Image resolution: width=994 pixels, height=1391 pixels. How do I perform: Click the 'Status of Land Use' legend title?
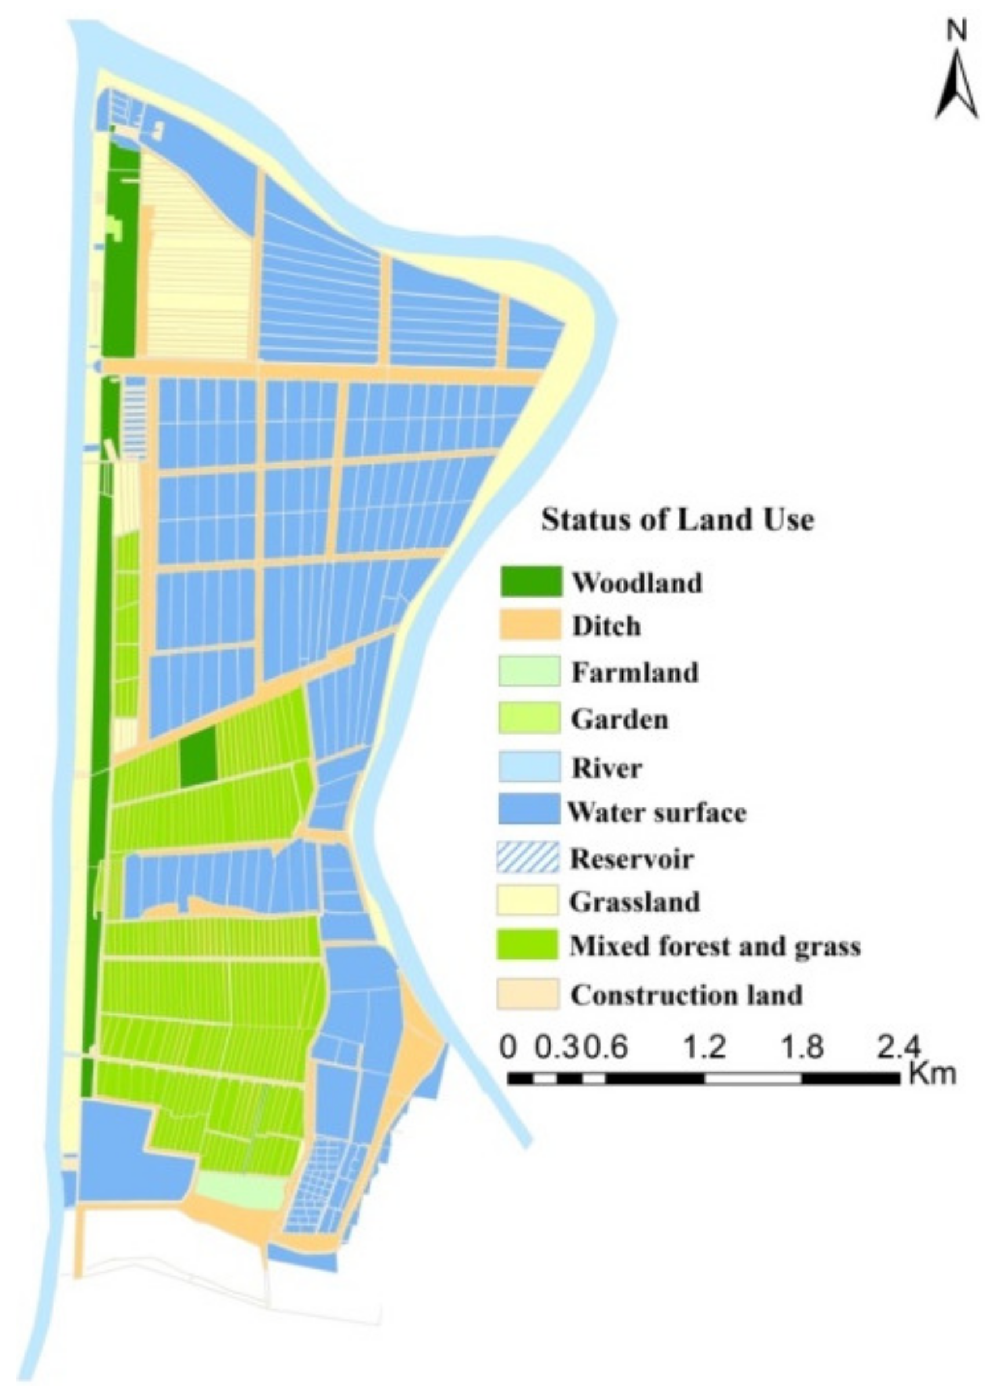pyautogui.click(x=678, y=520)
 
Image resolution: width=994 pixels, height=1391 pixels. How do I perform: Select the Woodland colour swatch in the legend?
pyautogui.click(x=530, y=582)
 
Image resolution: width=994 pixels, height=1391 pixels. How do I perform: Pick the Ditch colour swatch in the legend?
pyautogui.click(x=530, y=626)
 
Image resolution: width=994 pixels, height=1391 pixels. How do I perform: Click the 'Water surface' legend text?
pyautogui.click(x=657, y=813)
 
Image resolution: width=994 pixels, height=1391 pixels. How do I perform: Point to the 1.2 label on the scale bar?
pyautogui.click(x=704, y=1047)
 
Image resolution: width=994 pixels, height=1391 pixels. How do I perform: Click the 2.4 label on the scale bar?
pyautogui.click(x=898, y=1047)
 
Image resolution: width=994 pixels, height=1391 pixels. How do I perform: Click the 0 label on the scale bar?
pyautogui.click(x=507, y=1047)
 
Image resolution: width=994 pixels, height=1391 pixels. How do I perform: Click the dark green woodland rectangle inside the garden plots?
pyautogui.click(x=198, y=757)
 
